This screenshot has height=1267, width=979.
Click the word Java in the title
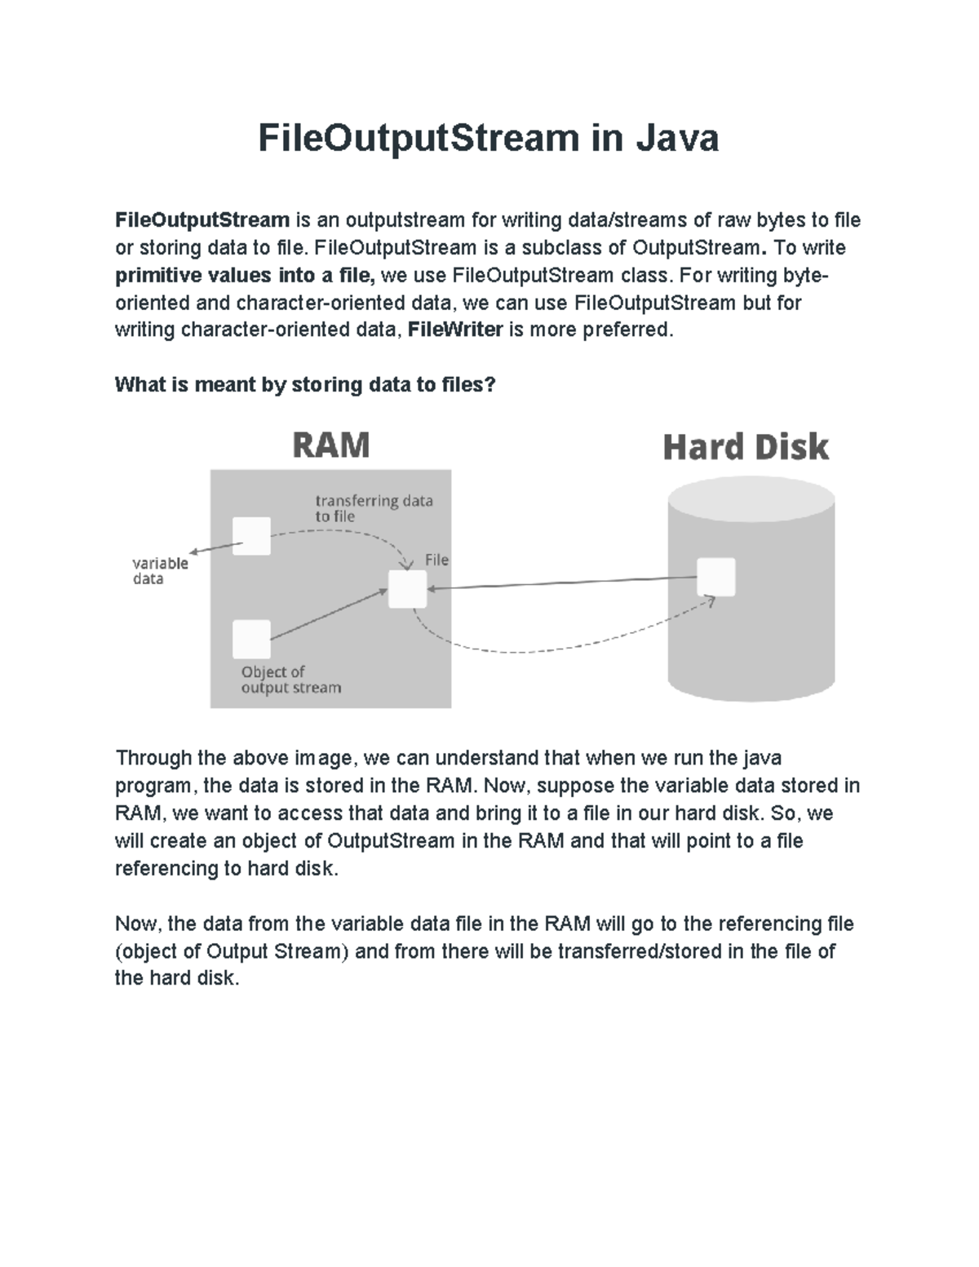pos(677,138)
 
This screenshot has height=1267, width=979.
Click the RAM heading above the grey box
pos(330,445)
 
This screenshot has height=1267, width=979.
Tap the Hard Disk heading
pos(746,447)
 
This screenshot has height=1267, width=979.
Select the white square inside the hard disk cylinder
pos(716,577)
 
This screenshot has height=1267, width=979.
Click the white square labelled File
pos(407,589)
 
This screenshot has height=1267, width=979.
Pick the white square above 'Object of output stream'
pos(251,639)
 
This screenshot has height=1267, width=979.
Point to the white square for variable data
pos(251,536)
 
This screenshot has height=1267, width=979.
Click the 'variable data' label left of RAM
pos(160,570)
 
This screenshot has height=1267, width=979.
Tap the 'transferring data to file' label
pos(373,508)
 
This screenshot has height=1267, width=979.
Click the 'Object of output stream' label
pos(290,680)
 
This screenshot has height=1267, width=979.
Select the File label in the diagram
pos(436,560)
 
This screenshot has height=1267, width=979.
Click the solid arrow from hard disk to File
pos(563,583)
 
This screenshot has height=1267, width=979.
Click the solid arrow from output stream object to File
pos(326,615)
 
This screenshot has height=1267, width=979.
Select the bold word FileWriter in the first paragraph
pos(454,330)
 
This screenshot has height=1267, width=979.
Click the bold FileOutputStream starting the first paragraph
pos(202,220)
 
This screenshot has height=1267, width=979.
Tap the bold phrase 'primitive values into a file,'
pos(245,276)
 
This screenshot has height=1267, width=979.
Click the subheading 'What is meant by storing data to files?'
pos(305,384)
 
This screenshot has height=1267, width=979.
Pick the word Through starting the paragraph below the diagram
pos(154,758)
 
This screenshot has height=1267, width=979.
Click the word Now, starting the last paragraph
pos(140,924)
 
